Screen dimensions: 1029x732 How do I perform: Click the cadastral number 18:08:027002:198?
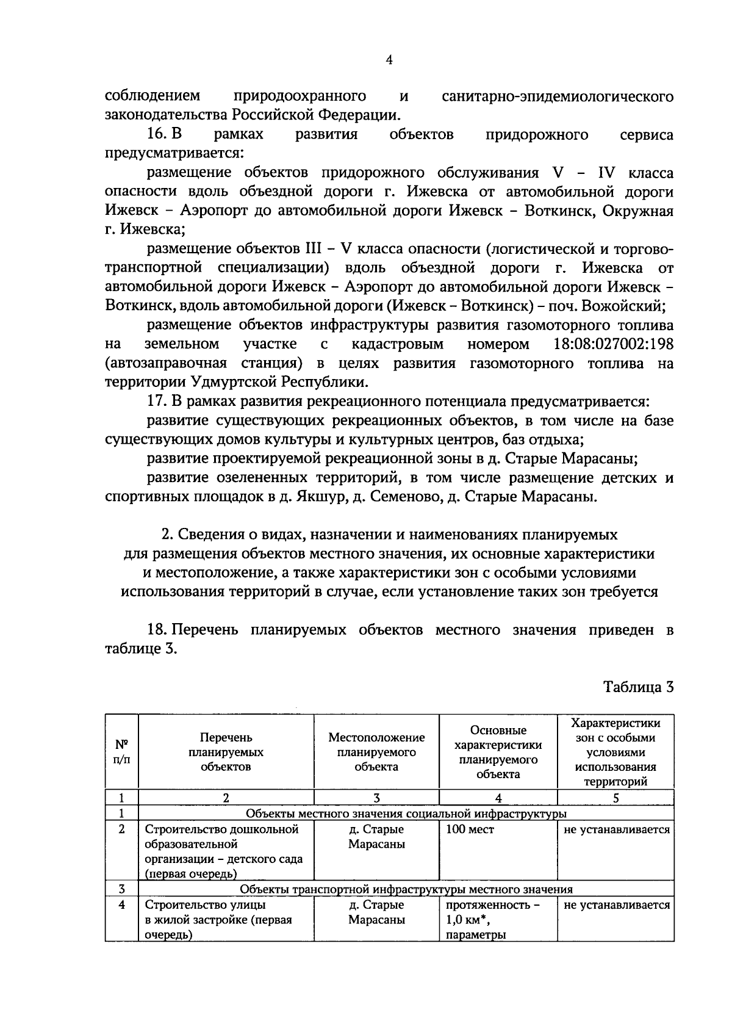(613, 344)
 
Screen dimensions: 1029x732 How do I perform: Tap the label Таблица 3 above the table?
(638, 687)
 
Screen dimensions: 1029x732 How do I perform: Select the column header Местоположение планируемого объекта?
(376, 752)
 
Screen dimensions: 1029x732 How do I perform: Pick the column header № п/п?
(122, 752)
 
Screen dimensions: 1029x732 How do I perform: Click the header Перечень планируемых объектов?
(226, 752)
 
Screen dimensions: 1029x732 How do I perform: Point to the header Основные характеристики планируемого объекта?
(498, 752)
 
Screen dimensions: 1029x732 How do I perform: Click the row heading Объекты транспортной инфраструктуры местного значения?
(406, 889)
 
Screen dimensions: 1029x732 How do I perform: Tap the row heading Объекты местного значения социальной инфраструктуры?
(406, 814)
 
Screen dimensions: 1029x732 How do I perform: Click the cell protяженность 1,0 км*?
(493, 912)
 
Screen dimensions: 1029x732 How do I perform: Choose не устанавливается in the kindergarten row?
(616, 829)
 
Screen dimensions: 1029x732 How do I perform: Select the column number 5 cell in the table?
(615, 798)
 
